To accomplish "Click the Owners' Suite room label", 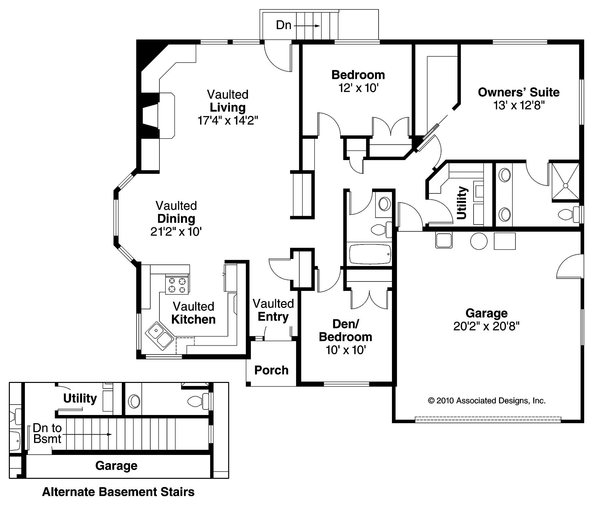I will coord(518,92).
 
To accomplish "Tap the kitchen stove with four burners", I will coord(177,285).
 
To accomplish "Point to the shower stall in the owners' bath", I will coord(566,181).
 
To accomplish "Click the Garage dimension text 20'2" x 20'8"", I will coord(486,326).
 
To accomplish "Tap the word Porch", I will coord(271,370).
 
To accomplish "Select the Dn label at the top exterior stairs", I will coord(284,25).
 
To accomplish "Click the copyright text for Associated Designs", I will coord(487,401).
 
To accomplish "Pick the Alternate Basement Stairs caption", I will coord(118,492).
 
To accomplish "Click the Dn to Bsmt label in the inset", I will coord(47,434).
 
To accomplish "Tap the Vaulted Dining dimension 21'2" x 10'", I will coord(176,232).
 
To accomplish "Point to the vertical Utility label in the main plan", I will coord(461,203).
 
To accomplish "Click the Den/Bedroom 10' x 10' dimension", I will coord(345,350).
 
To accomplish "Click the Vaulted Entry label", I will coord(273,310).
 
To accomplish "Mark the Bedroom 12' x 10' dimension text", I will coord(358,88).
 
